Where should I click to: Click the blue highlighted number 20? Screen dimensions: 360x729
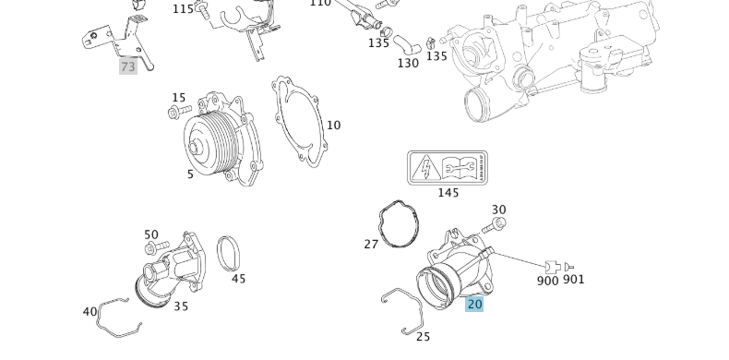tap(474, 304)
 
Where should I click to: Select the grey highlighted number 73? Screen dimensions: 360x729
tap(127, 66)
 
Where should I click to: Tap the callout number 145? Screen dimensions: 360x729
tap(448, 193)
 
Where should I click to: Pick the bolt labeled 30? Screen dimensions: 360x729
tap(498, 224)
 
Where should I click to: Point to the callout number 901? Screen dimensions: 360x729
tap(573, 280)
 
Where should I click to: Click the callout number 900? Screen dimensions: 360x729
tap(547, 281)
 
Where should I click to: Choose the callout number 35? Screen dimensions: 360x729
tap(181, 306)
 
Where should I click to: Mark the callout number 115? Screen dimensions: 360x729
tap(184, 9)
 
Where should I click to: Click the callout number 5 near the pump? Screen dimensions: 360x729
tap(190, 174)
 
